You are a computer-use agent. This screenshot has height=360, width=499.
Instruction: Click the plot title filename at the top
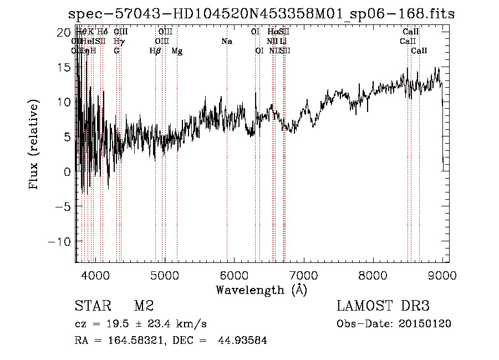tap(261, 14)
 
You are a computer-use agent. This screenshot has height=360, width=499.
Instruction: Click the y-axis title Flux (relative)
tap(35, 145)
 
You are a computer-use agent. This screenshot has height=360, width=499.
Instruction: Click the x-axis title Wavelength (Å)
tap(261, 290)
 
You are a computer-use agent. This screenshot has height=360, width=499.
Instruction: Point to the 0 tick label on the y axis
tap(65, 172)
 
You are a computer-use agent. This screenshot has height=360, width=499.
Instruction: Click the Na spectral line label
tap(226, 42)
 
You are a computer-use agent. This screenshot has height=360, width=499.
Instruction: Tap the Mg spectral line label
tap(177, 51)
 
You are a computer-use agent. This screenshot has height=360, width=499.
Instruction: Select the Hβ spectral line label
tap(155, 51)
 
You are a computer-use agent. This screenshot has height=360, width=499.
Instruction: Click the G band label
tap(116, 51)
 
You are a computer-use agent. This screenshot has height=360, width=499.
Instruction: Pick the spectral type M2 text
tap(143, 306)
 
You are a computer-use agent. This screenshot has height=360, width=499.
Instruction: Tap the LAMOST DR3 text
tap(383, 306)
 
